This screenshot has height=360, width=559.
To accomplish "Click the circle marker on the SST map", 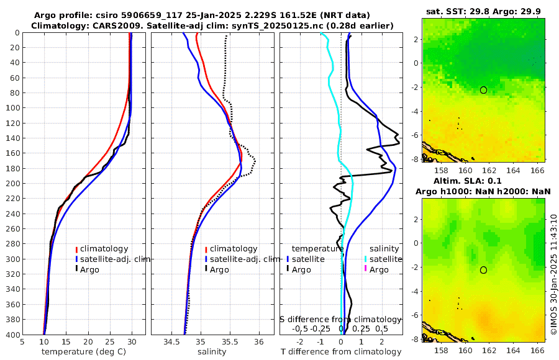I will click(x=483, y=90).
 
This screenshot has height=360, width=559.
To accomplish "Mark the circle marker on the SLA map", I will click(x=483, y=270).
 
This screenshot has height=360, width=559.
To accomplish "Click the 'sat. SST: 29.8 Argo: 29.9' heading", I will click(x=483, y=11).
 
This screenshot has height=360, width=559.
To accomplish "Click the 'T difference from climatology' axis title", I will click(x=340, y=352).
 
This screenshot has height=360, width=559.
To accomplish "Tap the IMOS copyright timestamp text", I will click(x=553, y=275).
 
